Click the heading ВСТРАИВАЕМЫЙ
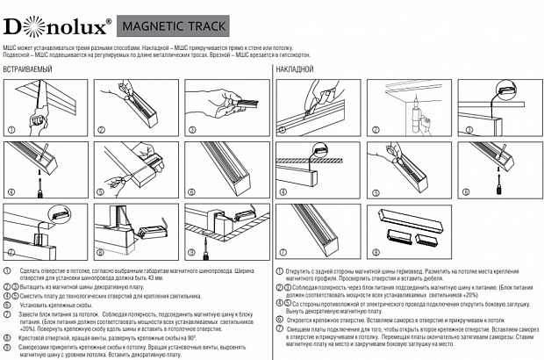coord(30,68)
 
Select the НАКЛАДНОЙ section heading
coord(296,68)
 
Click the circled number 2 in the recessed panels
coord(100,130)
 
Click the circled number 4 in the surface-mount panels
coord(282,190)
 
